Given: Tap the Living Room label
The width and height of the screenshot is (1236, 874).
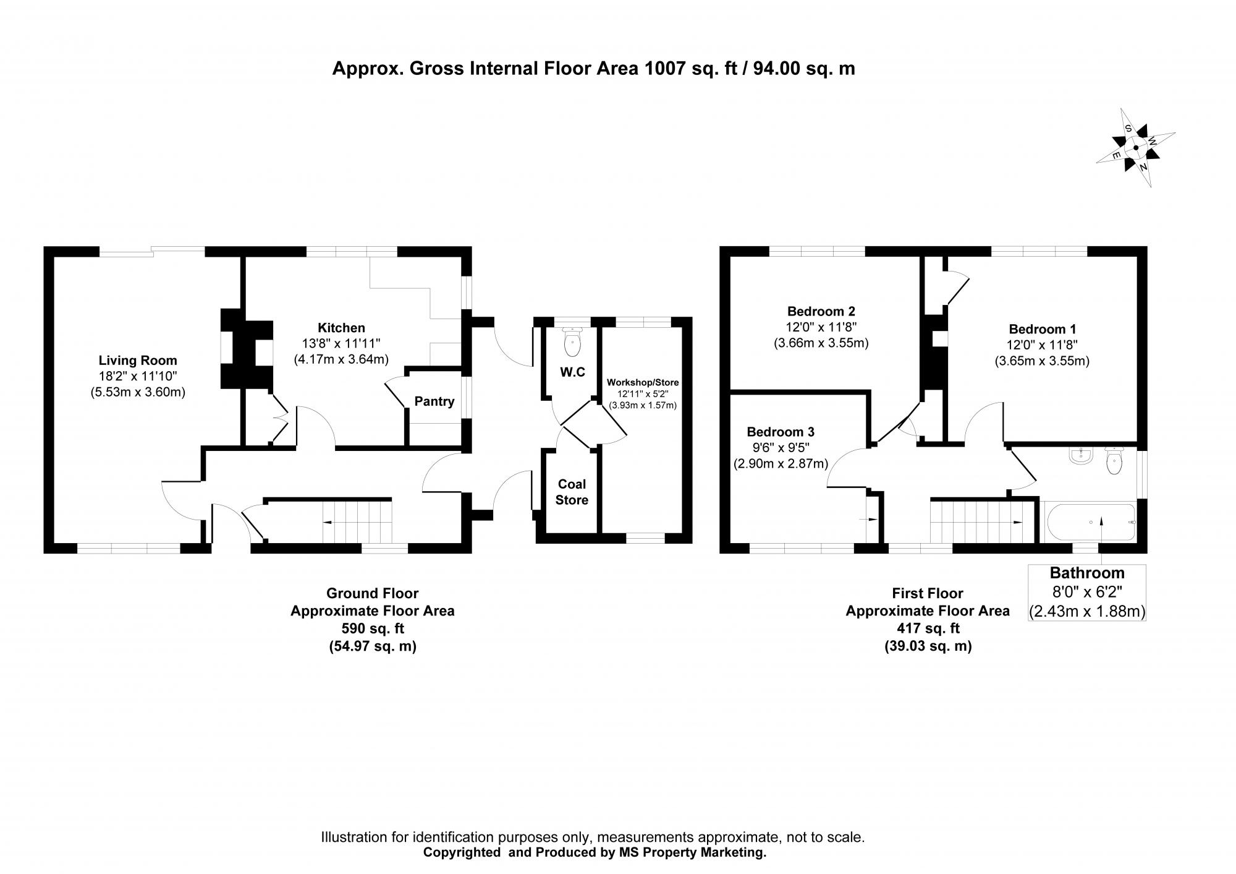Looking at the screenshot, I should click(x=138, y=361).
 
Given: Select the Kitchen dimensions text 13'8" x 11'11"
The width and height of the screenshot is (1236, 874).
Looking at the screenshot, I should click(x=341, y=343).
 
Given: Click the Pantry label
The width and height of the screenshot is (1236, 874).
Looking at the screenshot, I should click(x=434, y=401).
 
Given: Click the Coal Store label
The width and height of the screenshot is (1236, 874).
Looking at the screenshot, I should click(x=571, y=492).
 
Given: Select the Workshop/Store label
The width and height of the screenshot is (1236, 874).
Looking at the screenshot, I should click(x=643, y=383).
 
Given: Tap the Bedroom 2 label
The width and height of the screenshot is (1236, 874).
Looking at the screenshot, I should click(x=821, y=311).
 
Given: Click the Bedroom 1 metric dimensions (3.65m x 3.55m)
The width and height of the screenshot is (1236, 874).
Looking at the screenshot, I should click(x=1041, y=361).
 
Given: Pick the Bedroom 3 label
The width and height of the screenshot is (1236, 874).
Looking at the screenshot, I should click(x=780, y=432).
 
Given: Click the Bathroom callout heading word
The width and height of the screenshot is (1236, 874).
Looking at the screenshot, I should click(x=1086, y=573).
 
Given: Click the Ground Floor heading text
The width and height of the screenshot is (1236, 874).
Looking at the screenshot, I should click(x=372, y=594).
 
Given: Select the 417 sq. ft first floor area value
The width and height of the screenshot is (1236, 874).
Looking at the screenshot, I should click(x=926, y=628).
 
